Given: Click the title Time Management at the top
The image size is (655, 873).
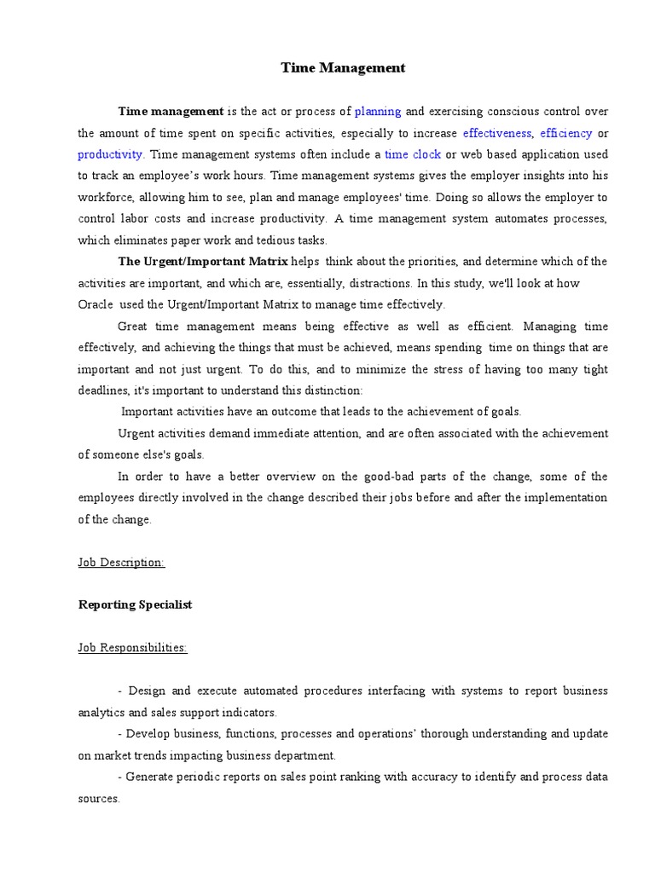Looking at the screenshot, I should tap(343, 68).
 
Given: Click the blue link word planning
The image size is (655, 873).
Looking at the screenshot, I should tap(378, 112).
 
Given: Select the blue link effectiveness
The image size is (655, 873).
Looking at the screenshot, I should tap(497, 133).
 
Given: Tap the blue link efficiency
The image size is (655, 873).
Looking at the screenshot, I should tap(565, 133).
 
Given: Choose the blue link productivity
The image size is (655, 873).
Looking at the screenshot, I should tap(111, 154).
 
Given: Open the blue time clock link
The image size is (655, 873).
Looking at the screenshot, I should tap(413, 154).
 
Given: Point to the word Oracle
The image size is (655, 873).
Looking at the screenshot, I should tap(96, 304).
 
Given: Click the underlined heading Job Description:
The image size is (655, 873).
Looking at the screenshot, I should tap(121, 563).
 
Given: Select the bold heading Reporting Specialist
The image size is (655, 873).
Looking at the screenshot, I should tap(136, 604).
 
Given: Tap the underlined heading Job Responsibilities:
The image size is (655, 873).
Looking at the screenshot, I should tap(133, 648).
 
